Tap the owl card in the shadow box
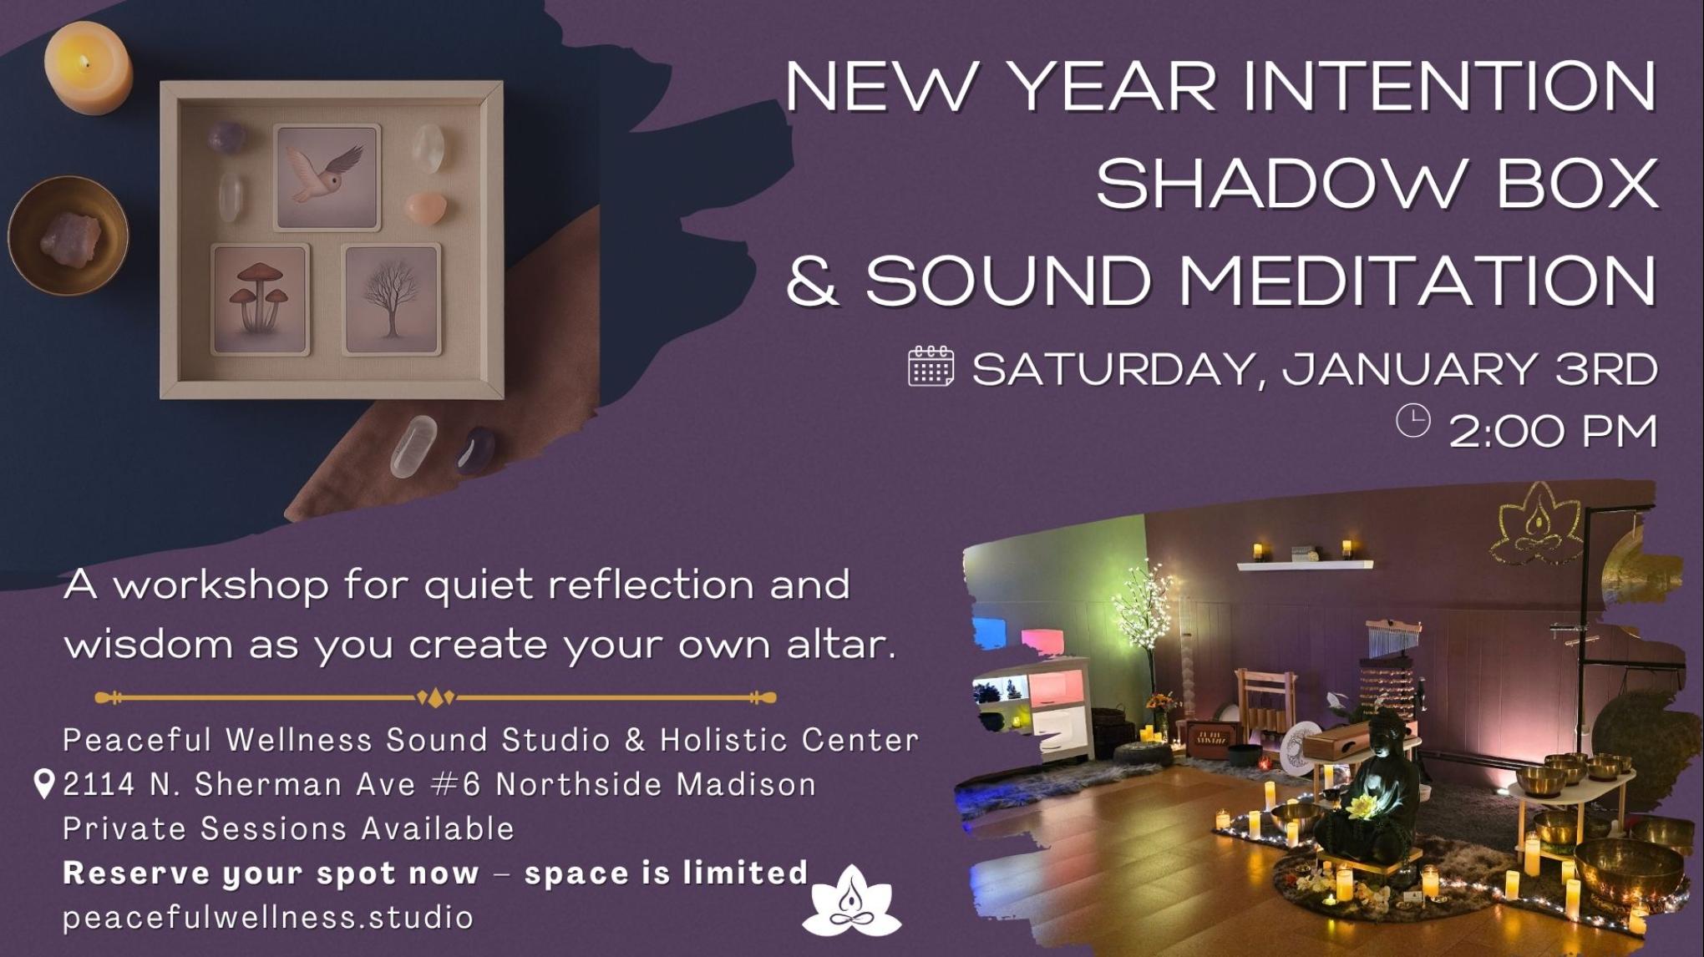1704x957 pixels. [x=327, y=177]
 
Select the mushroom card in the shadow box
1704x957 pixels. [x=261, y=299]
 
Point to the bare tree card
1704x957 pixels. [x=392, y=299]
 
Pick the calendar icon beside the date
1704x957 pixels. [x=931, y=367]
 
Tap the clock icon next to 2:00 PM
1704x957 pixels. [x=1412, y=420]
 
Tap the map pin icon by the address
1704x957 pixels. [x=43, y=784]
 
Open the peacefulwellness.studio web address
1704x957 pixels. [x=268, y=917]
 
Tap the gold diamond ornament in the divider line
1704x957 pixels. [x=435, y=697]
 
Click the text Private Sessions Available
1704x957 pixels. [x=288, y=828]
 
